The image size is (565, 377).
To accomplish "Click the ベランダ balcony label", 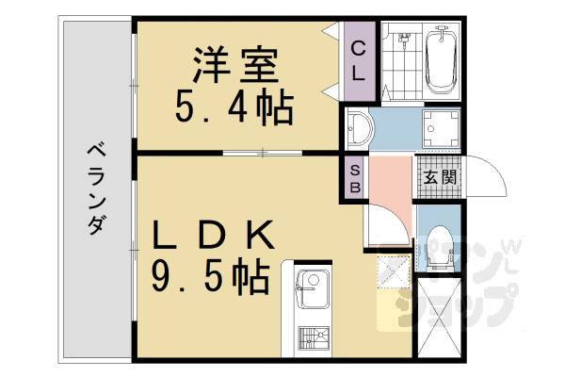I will coord(94,188).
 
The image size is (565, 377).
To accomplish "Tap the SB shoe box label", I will coord(354,177).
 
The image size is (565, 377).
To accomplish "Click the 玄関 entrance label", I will coord(440,177).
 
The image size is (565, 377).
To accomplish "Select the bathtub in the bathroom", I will coord(441,58).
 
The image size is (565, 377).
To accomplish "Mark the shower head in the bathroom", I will coord(405,40).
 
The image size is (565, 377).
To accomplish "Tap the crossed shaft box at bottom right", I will coord(438,320).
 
